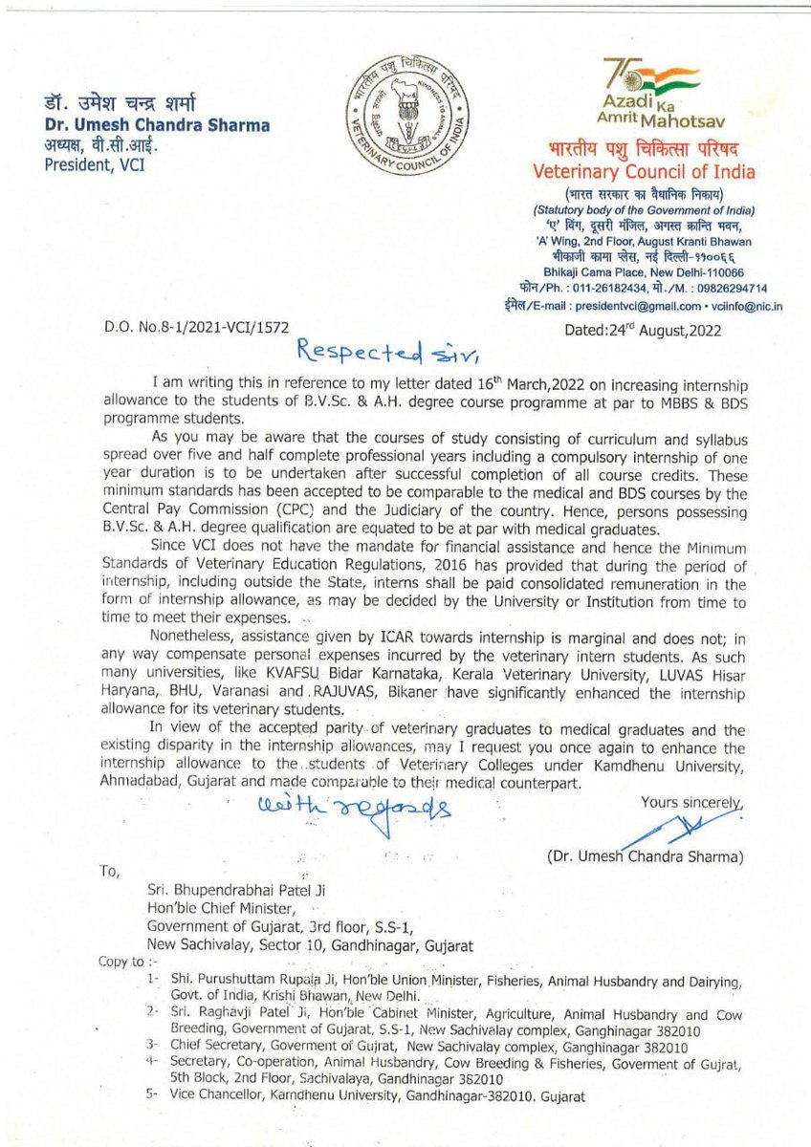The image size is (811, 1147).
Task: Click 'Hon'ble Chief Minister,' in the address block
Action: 211,907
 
